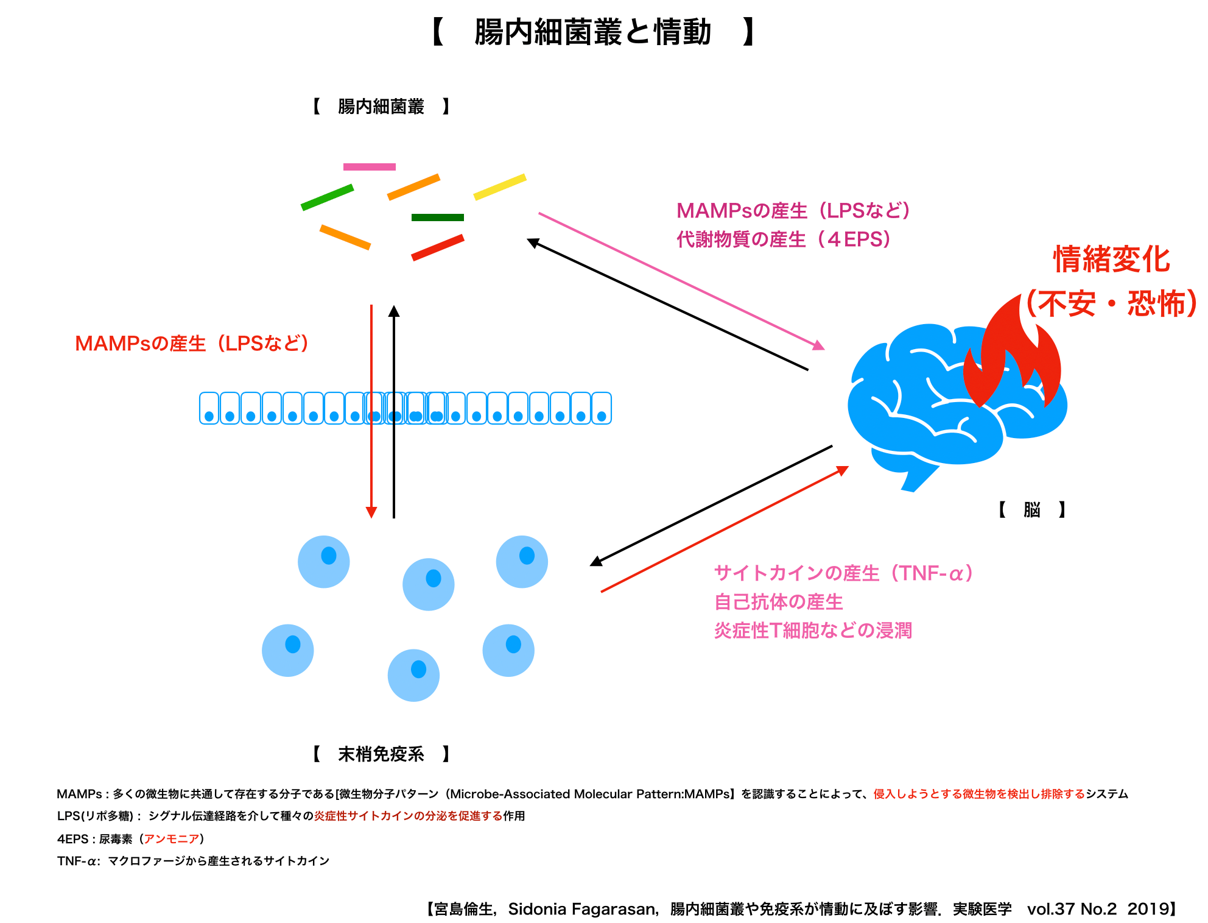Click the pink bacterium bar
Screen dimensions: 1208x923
point(369,167)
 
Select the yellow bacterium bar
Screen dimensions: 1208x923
point(500,187)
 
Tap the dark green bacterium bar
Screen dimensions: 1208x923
point(437,217)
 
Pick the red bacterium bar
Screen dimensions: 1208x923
point(438,248)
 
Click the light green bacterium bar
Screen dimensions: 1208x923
point(327,197)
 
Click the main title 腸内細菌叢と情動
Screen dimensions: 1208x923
point(592,32)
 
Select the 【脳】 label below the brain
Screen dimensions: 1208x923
point(1032,509)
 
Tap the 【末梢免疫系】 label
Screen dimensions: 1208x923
point(381,754)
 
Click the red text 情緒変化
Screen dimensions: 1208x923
point(1112,260)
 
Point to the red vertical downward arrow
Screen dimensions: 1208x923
point(371,411)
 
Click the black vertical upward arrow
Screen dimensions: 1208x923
point(394,411)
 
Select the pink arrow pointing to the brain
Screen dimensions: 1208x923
point(681,281)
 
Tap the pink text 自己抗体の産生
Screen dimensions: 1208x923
point(779,602)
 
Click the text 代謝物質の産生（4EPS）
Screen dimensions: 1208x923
point(784,239)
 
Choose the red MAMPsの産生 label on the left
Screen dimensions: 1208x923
point(192,344)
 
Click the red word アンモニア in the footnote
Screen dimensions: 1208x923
point(172,839)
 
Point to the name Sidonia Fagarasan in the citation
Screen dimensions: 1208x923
point(581,909)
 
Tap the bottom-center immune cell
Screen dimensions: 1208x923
point(413,675)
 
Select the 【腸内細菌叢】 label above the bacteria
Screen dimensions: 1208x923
point(381,107)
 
